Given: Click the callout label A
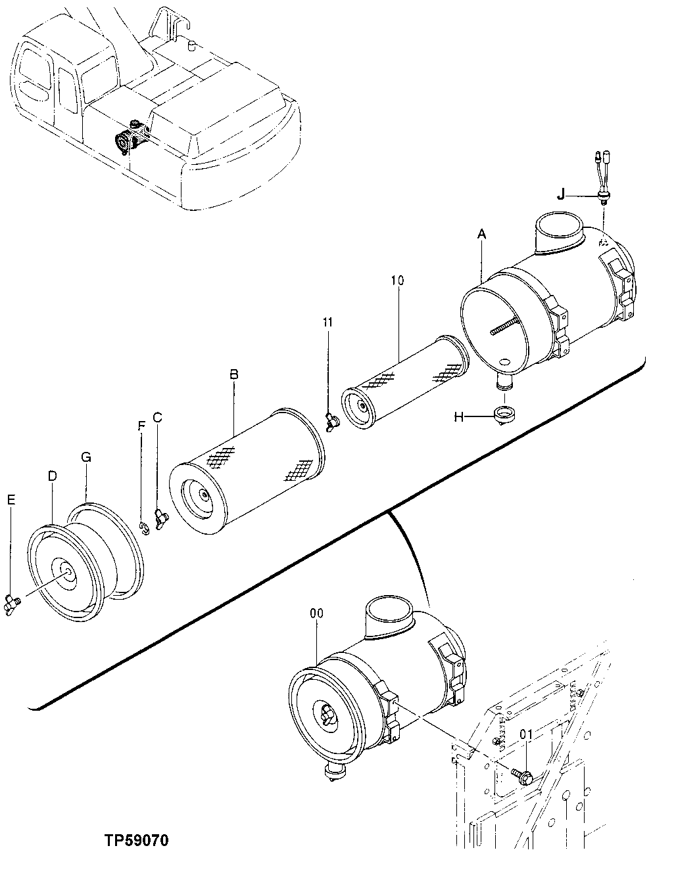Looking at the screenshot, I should [x=482, y=233].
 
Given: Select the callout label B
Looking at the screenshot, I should [x=233, y=374].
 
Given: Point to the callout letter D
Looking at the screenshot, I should [x=53, y=474].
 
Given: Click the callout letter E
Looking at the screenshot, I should [x=11, y=500].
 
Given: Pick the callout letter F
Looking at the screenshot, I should [x=141, y=425].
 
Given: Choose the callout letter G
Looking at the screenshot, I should [x=86, y=457].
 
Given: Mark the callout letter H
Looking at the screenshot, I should [x=459, y=416].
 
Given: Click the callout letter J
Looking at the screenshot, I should [x=560, y=195].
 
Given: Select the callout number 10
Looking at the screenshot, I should [x=397, y=280].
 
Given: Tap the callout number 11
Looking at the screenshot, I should [x=327, y=322].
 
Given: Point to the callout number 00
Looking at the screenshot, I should [x=316, y=613].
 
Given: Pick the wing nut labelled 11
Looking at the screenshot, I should [x=331, y=419].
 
